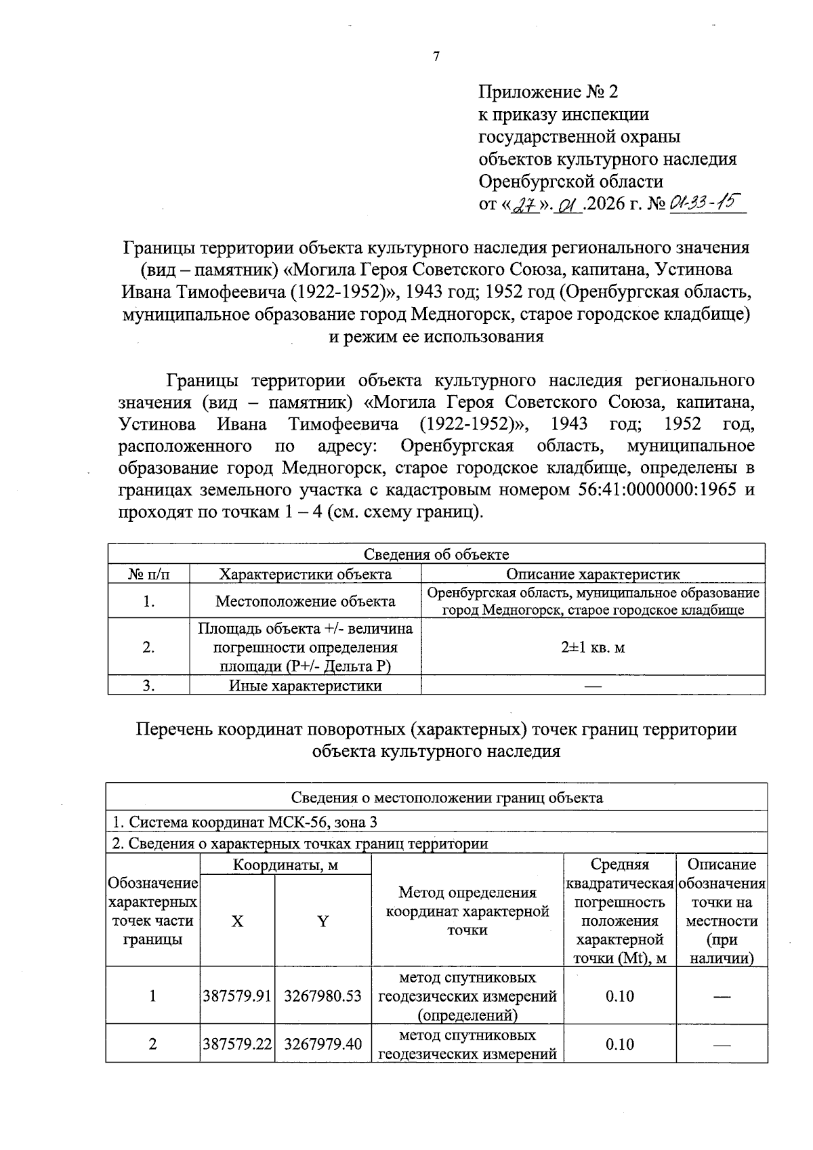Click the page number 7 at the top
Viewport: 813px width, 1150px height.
click(x=436, y=57)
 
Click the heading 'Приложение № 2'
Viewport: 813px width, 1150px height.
click(x=548, y=92)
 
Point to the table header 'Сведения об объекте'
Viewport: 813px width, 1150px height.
click(x=436, y=554)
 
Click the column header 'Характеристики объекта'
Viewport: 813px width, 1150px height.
click(x=305, y=575)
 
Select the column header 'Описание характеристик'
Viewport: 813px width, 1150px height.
click(x=593, y=575)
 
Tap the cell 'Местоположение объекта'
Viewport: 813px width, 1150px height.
click(x=305, y=601)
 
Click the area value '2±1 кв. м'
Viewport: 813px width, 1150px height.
click(x=593, y=647)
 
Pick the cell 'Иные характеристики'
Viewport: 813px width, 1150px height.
click(x=305, y=686)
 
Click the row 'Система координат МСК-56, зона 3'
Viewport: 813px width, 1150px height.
click(x=244, y=822)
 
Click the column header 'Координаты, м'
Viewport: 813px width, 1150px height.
click(x=285, y=865)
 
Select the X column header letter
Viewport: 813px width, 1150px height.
click(x=237, y=922)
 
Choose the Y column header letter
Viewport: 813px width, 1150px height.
click(x=323, y=922)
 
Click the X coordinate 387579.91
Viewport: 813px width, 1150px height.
click(x=237, y=996)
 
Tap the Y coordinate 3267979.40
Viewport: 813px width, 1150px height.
click(x=323, y=1044)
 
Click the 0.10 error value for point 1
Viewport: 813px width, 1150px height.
click(x=619, y=996)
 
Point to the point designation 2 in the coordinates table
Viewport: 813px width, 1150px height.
click(x=152, y=1044)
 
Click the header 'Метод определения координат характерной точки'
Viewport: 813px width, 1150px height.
click(x=467, y=911)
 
